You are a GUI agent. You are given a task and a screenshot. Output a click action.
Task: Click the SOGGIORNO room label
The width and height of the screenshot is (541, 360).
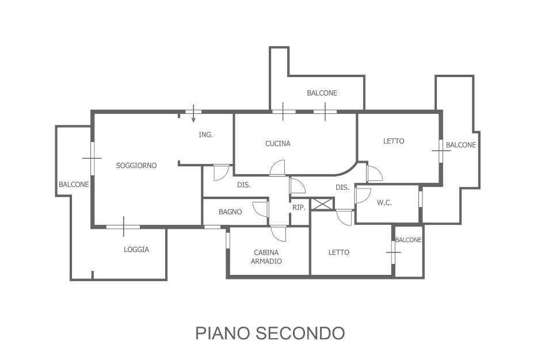tap(136, 166)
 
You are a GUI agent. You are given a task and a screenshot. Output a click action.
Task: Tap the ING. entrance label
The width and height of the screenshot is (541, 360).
tap(205, 135)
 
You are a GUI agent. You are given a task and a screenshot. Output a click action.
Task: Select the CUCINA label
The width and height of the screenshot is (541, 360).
tap(278, 143)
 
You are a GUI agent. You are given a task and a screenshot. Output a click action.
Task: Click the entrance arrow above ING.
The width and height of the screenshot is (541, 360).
tap(193, 113)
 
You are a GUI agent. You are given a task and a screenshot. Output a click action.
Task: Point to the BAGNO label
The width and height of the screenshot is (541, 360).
tap(230, 212)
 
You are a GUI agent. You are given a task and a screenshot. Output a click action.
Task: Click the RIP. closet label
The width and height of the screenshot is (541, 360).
tap(299, 208)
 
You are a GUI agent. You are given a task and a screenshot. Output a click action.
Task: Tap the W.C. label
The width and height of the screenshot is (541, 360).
tap(384, 203)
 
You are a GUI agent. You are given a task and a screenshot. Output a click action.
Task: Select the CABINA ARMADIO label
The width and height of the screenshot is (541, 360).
tap(266, 257)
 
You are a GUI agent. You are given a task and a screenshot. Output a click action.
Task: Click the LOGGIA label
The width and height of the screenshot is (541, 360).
tap(136, 250)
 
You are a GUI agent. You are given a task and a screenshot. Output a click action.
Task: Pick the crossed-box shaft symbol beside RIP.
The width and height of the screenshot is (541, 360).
tap(322, 204)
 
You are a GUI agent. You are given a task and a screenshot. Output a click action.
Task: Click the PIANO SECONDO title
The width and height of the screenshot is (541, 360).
tap(270, 333)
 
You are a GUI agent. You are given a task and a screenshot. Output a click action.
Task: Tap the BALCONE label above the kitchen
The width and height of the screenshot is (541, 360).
tap(322, 93)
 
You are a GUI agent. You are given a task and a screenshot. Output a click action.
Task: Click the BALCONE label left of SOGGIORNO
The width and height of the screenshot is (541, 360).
tap(74, 185)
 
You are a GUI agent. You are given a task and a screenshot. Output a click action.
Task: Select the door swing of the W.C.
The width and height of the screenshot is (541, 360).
tap(363, 195)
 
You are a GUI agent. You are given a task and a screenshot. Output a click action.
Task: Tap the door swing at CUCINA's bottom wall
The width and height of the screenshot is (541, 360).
tap(277, 168)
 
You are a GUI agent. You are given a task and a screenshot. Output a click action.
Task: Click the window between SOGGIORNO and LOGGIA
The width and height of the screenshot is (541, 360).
tap(123, 227)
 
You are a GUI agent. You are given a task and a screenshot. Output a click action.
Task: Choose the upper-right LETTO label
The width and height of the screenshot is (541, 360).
tap(394, 141)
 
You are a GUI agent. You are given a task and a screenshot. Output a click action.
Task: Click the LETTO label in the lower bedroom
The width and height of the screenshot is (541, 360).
tap(339, 252)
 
